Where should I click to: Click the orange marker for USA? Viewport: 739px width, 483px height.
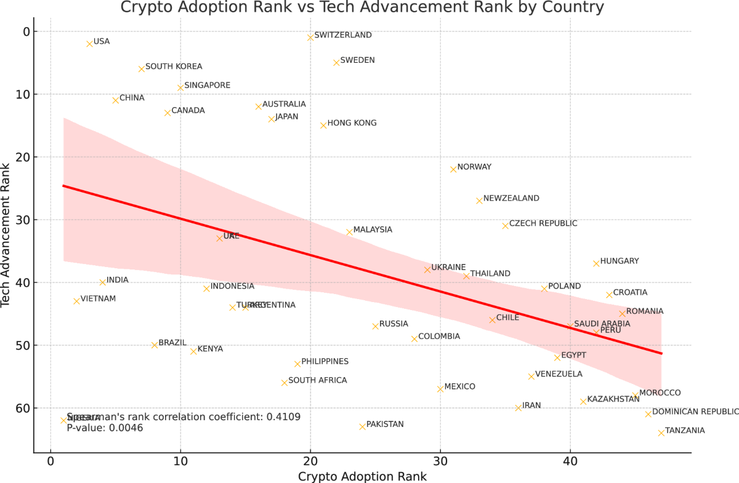coord(89,44)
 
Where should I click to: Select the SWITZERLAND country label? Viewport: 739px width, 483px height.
coord(342,35)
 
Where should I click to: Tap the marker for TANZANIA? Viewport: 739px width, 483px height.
coord(661,433)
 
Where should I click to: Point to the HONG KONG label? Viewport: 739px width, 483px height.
coord(352,123)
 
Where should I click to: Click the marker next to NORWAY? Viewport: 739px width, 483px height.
coord(453,169)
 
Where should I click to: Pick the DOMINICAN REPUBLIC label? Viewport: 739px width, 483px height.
coord(695,412)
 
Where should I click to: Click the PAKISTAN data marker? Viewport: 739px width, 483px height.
coord(362,426)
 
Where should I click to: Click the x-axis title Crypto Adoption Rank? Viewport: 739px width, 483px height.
coord(362,476)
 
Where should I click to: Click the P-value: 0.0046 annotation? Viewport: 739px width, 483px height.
coord(105,428)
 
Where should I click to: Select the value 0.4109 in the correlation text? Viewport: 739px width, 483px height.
coord(283,417)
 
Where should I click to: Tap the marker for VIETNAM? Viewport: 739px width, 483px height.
coord(76,301)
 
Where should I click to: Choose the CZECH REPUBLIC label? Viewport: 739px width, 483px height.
coord(543,223)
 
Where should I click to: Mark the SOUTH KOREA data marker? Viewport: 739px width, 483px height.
coord(142,69)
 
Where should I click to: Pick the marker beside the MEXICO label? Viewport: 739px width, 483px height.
coord(440,389)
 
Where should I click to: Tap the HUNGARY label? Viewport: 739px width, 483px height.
coord(619,261)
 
